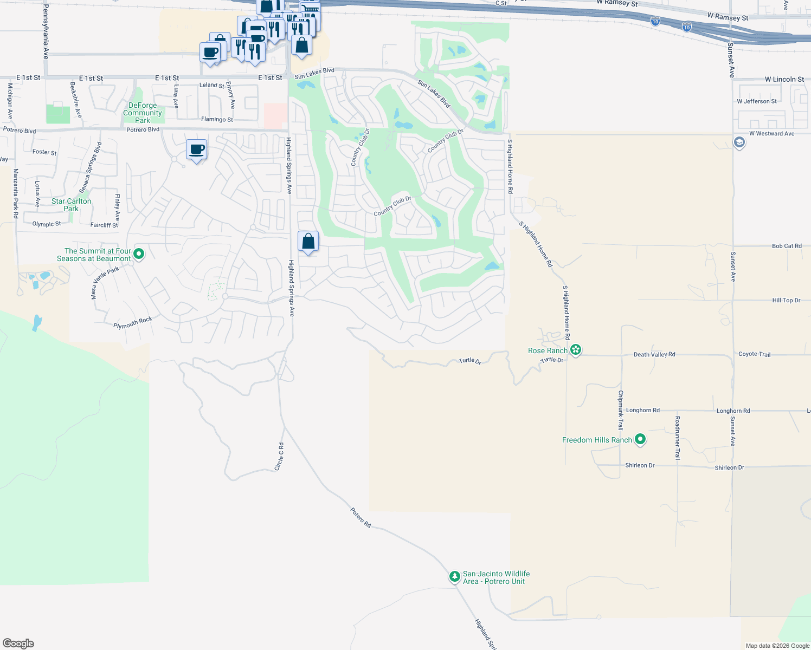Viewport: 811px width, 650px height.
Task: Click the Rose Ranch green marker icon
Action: tap(576, 350)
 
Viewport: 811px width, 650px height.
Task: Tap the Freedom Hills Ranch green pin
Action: tap(640, 439)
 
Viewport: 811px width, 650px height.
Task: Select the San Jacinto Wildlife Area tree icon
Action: tap(455, 576)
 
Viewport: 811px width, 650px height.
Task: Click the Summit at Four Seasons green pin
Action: tap(139, 253)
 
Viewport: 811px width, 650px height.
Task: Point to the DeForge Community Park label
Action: tap(143, 113)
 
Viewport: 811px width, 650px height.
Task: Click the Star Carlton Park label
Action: tap(71, 205)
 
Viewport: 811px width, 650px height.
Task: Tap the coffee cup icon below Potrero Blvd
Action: tap(196, 149)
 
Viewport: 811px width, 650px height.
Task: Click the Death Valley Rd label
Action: tap(654, 354)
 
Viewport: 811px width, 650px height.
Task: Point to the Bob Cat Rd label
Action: tap(786, 246)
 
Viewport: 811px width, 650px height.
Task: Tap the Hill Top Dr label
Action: tap(786, 300)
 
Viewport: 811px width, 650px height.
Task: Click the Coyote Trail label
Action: tap(754, 354)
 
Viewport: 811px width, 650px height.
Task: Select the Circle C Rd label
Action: tap(280, 457)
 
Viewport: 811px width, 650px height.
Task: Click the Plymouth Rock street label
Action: tap(133, 323)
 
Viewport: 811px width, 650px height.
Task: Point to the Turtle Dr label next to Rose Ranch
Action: tap(552, 360)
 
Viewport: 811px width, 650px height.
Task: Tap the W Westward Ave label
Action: tap(771, 134)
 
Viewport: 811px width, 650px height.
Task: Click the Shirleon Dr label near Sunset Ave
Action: tap(729, 467)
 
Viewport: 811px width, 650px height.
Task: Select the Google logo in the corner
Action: tap(18, 643)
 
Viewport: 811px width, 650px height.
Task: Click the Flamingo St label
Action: tap(217, 119)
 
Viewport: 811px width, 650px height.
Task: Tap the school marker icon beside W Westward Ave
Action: tap(739, 142)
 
